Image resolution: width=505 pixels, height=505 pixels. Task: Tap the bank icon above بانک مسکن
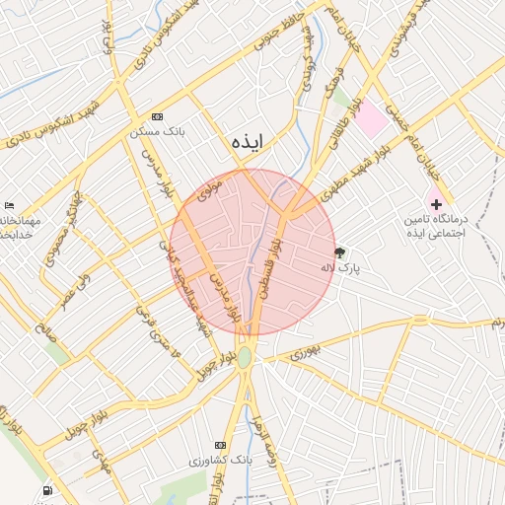[x=158, y=116]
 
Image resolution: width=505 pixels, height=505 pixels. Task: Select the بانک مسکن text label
[x=158, y=131]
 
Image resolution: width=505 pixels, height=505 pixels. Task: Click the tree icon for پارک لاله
[x=340, y=252]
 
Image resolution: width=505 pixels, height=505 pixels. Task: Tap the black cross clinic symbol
[x=436, y=203]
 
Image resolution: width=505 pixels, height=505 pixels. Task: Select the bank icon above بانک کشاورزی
[x=220, y=446]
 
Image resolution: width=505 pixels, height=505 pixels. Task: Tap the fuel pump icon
[x=46, y=490]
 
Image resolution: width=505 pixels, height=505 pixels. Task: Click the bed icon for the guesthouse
[x=9, y=205]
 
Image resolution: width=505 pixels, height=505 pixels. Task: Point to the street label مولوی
[x=211, y=188]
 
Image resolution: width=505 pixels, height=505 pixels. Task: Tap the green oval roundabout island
[x=244, y=357]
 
